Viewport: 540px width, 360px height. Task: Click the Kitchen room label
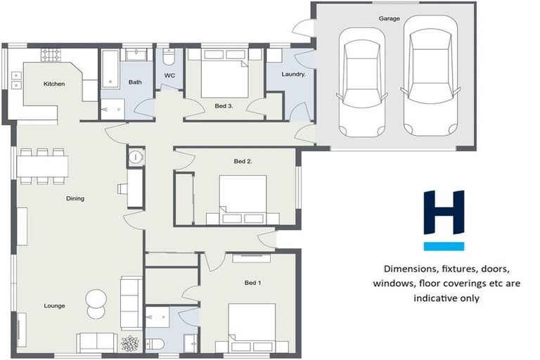click(x=54, y=84)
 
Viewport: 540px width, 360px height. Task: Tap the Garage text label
click(x=389, y=19)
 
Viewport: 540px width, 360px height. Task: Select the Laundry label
click(x=292, y=74)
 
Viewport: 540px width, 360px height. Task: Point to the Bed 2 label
click(x=243, y=161)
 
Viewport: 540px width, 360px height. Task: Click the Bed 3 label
click(x=224, y=105)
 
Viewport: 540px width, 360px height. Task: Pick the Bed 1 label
click(x=252, y=283)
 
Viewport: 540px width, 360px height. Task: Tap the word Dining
click(x=75, y=198)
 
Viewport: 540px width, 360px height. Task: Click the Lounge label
click(x=54, y=306)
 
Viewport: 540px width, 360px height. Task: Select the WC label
click(x=169, y=75)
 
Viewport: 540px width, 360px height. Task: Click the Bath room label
click(x=134, y=82)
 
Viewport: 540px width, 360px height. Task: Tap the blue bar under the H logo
click(x=444, y=246)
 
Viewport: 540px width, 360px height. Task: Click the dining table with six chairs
click(x=42, y=166)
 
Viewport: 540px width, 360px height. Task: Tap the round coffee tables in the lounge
click(x=96, y=304)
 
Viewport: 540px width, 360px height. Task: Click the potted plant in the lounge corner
click(x=131, y=344)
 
